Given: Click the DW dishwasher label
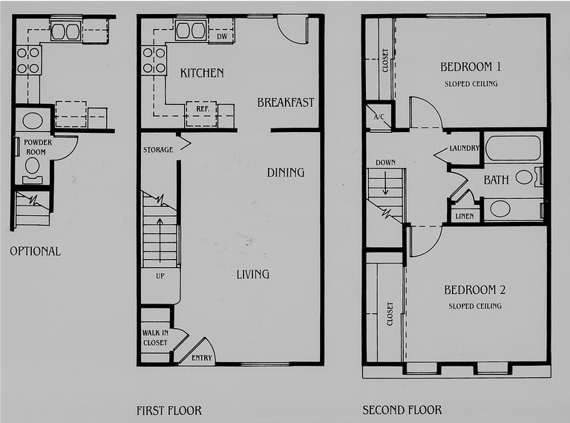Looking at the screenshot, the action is (x=222, y=36).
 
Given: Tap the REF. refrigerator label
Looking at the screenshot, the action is (x=202, y=108).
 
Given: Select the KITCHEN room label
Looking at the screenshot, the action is (x=202, y=73).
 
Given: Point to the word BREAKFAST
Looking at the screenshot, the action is (x=286, y=102).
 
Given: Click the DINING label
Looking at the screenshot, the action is (x=286, y=172).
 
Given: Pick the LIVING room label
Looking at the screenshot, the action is (x=253, y=274).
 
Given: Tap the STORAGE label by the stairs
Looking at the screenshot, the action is (x=158, y=149).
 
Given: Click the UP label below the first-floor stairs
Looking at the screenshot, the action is (x=160, y=276).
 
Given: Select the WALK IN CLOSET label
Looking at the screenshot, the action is (x=155, y=338).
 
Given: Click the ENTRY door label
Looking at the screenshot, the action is (x=202, y=358).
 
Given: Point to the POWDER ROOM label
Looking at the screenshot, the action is (x=38, y=147).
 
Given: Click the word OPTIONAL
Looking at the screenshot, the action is (x=36, y=251).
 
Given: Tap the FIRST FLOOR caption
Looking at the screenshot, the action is (x=169, y=410).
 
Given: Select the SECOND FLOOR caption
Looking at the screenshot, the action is (x=402, y=410).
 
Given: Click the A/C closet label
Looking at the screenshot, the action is (x=379, y=117).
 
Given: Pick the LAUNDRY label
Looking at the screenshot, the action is (x=465, y=148).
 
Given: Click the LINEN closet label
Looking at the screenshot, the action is (x=465, y=216).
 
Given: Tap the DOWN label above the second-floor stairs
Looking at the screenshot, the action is (x=386, y=163).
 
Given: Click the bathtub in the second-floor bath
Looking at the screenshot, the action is (x=513, y=148).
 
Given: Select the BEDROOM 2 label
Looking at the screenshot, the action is (x=475, y=289).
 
